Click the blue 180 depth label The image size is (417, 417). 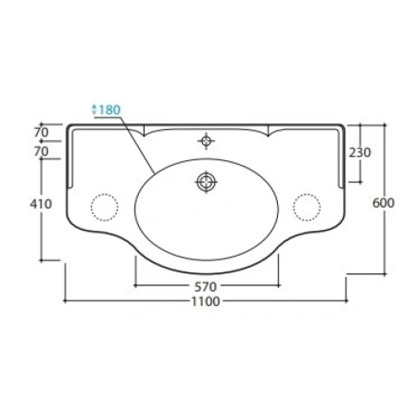tap(109, 109)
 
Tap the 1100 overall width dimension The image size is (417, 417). tap(206, 301)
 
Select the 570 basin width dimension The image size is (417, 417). tap(206, 287)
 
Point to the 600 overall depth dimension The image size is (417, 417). tap(384, 203)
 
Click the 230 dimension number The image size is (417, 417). tap(360, 152)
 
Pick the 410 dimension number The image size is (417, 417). tap(41, 204)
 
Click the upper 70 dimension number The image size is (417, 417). tap(42, 133)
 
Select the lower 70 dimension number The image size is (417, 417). tap(42, 151)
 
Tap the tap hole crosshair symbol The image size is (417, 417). tap(207, 141)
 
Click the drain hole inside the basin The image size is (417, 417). tap(207, 182)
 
